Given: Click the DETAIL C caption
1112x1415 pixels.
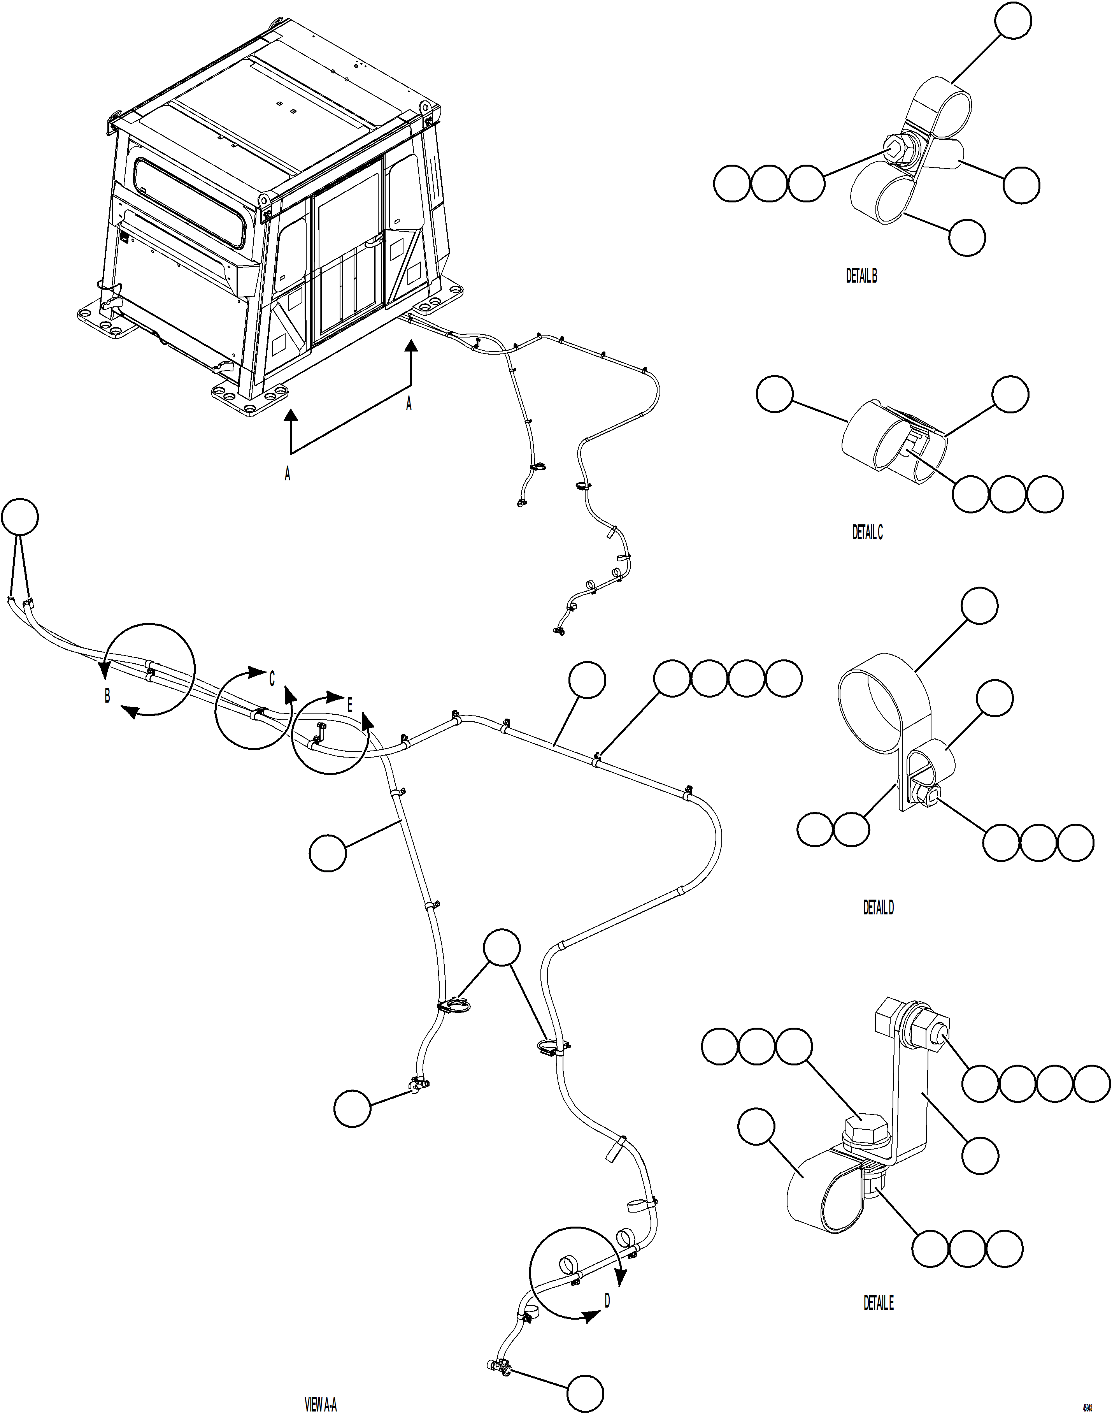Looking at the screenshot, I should click(867, 532).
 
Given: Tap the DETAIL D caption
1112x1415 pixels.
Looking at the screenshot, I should click(878, 907).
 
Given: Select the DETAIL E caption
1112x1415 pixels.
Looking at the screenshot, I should click(878, 1303).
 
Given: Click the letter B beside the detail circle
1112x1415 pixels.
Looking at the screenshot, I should click(107, 696).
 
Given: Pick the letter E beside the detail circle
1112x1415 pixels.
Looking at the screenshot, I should click(350, 705).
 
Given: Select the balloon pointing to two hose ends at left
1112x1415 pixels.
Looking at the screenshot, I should click(19, 517).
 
